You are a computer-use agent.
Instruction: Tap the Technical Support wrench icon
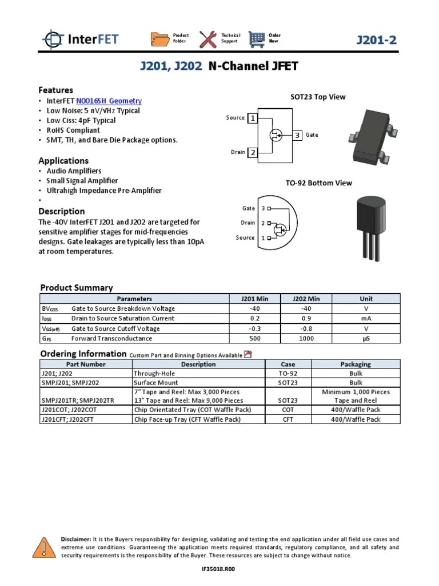(x=208, y=39)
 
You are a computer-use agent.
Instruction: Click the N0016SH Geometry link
(x=109, y=101)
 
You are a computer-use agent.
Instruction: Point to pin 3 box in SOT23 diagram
(x=297, y=135)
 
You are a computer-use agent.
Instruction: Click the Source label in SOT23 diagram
(x=235, y=118)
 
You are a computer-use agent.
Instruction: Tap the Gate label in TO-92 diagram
(x=248, y=208)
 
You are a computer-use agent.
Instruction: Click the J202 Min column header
(x=306, y=299)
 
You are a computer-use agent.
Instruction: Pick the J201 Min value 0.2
(x=255, y=319)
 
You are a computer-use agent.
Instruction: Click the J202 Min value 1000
(x=306, y=339)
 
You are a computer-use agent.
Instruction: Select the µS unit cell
(x=366, y=339)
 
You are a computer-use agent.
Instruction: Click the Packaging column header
(x=356, y=364)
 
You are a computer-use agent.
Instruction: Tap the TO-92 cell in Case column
(x=288, y=374)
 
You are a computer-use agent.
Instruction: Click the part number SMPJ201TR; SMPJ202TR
(x=78, y=401)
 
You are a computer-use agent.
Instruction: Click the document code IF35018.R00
(x=219, y=569)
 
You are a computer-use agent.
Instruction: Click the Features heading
(x=55, y=90)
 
